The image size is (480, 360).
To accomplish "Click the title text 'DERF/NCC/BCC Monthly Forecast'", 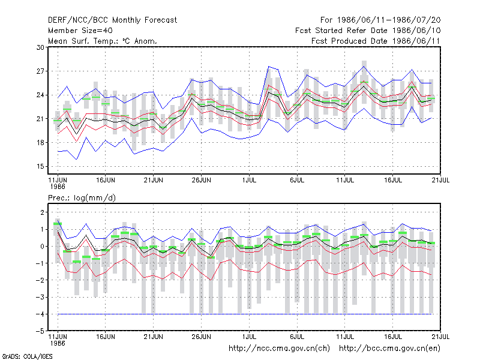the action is (112, 20).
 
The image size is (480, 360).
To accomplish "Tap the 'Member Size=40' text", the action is (80, 31).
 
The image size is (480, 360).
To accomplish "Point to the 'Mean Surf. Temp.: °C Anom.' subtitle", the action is (103, 41).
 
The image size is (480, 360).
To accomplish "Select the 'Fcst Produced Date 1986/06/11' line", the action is (376, 41).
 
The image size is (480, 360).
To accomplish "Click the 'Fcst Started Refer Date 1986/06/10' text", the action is (368, 31).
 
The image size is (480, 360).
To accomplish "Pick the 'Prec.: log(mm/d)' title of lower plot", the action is (82, 198).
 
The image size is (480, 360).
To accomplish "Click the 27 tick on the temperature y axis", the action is (40, 71).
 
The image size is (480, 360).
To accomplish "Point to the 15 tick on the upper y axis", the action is (40, 167).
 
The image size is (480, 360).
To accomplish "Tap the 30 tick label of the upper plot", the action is (40, 47).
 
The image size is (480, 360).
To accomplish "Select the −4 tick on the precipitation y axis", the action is (40, 314).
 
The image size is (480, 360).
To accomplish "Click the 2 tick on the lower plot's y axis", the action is (42, 212).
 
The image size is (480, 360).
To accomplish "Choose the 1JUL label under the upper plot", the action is (249, 181).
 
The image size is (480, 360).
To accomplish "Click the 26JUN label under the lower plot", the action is (201, 337).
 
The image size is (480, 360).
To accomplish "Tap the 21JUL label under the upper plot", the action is (440, 181).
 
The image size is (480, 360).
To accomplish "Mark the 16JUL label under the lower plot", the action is (393, 337).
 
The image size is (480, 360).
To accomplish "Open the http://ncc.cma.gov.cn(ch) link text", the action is (279, 349).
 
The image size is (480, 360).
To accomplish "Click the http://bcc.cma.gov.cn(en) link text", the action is (389, 349).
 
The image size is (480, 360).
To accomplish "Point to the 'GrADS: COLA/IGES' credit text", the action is (27, 356).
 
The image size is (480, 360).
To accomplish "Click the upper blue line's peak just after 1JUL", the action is (268, 66).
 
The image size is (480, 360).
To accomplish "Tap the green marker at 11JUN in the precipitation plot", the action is (58, 224).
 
